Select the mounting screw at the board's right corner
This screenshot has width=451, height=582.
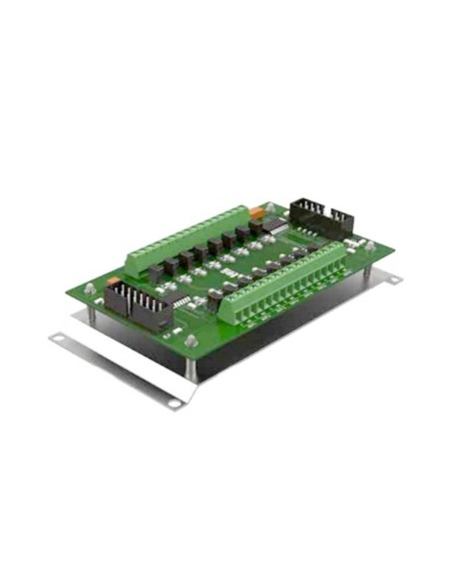370,244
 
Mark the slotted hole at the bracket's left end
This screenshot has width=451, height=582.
61,339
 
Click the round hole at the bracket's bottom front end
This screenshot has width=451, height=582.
174,403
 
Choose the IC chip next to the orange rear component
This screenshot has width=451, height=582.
282,231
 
